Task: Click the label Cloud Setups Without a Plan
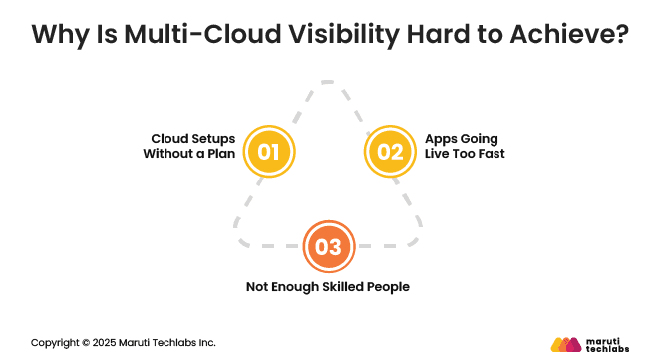[189, 146]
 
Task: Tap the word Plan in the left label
[220, 154]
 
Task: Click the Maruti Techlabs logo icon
[565, 344]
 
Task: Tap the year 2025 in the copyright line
[107, 343]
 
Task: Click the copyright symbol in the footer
[86, 343]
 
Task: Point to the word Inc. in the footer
[205, 343]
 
